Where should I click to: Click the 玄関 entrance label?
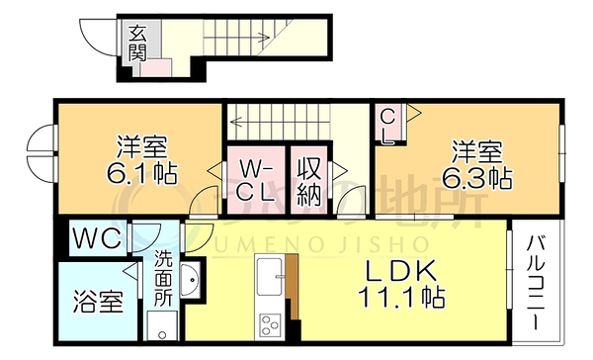(136, 44)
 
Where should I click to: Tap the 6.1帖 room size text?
(141, 174)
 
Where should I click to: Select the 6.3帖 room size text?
(477, 178)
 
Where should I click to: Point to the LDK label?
(401, 271)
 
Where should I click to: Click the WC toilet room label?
(97, 238)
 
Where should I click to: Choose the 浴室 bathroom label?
(98, 302)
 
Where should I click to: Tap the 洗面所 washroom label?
(163, 278)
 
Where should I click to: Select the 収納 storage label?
(309, 181)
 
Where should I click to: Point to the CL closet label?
(387, 127)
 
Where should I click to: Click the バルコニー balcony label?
(535, 282)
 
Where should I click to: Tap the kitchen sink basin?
(270, 276)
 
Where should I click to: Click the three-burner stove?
(270, 324)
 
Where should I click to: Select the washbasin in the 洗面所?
(190, 280)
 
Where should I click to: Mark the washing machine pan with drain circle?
(162, 325)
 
